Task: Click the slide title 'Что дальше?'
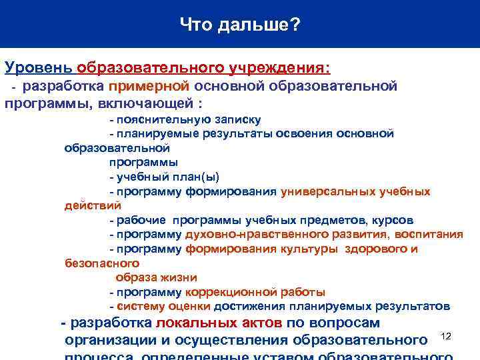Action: click(x=240, y=25)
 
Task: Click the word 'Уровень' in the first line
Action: click(x=38, y=67)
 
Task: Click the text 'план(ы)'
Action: click(x=197, y=177)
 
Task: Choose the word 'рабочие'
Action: click(x=142, y=220)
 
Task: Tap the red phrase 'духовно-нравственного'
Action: click(x=243, y=235)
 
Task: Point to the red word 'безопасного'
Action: click(x=93, y=263)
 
